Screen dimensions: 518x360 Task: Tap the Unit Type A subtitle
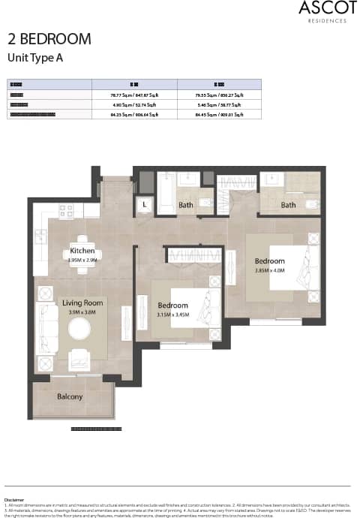tap(34, 57)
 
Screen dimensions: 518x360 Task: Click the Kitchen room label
tap(82, 251)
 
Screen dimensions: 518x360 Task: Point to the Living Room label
tap(82, 303)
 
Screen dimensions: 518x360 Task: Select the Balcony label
tap(70, 396)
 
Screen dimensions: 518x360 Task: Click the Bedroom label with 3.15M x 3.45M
tap(172, 306)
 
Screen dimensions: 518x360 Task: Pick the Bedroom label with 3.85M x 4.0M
tap(269, 261)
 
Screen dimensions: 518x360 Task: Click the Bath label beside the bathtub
tap(186, 205)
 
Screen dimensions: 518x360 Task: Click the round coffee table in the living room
tap(79, 329)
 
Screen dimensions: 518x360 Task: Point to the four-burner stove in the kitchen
tap(66, 211)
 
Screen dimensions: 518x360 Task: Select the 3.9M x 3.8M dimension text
tap(82, 312)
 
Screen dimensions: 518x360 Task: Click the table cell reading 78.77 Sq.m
tap(134, 95)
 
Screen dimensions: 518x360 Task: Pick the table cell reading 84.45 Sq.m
tap(219, 115)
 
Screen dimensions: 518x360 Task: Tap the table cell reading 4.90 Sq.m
tap(134, 105)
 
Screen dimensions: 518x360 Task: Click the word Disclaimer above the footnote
tap(13, 499)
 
